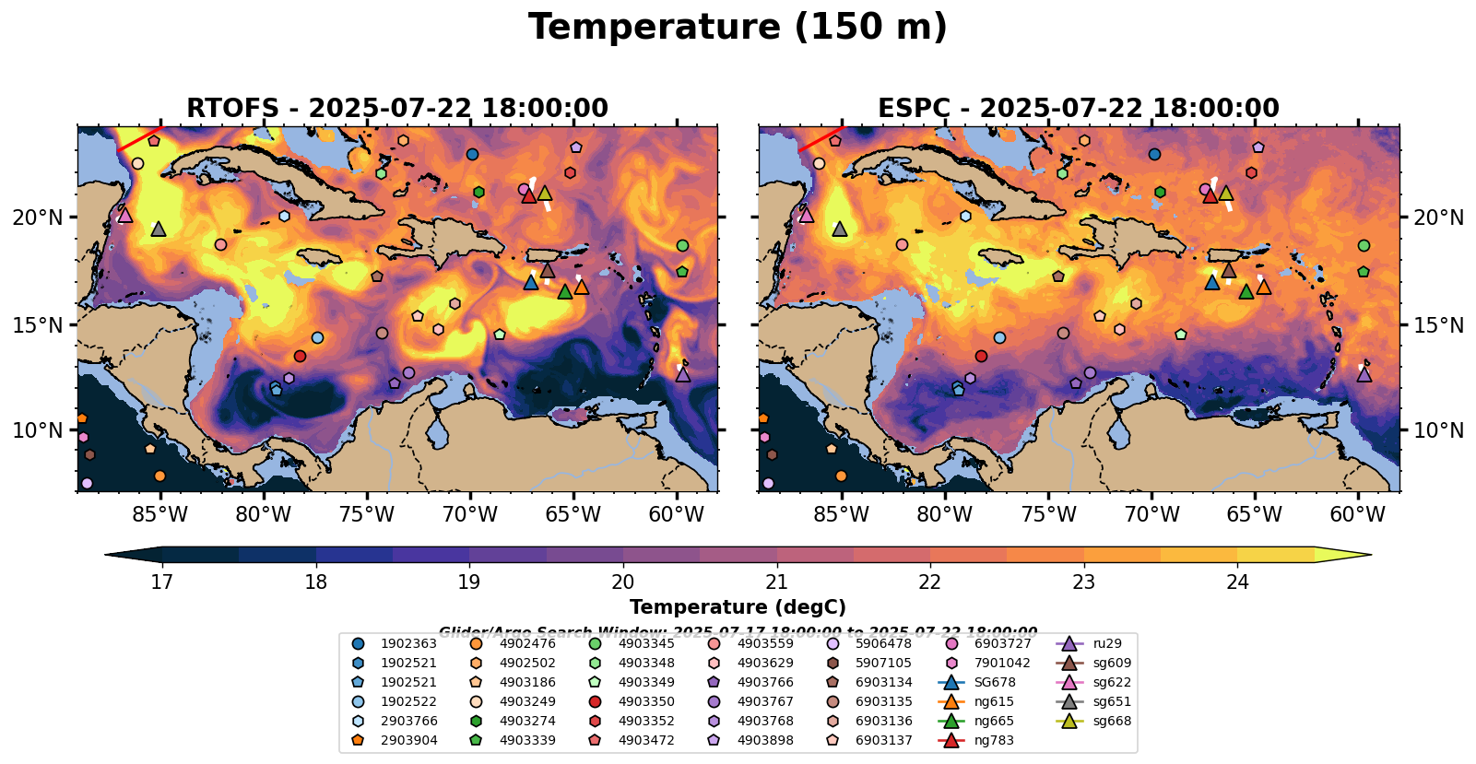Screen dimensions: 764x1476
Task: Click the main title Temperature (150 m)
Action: [738, 28]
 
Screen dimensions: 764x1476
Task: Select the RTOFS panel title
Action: [397, 109]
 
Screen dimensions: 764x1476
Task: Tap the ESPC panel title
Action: [1079, 109]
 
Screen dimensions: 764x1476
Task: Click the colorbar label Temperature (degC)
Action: [738, 607]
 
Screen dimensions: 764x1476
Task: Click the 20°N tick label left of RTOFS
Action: [38, 217]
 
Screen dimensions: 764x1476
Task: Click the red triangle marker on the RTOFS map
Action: [528, 195]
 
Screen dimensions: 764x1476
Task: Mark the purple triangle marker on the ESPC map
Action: [1364, 374]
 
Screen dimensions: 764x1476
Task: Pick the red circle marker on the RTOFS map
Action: [300, 356]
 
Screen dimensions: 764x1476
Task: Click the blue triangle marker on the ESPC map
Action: [1212, 282]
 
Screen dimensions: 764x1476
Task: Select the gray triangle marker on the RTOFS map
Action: [159, 229]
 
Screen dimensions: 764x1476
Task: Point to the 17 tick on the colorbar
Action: [162, 582]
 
